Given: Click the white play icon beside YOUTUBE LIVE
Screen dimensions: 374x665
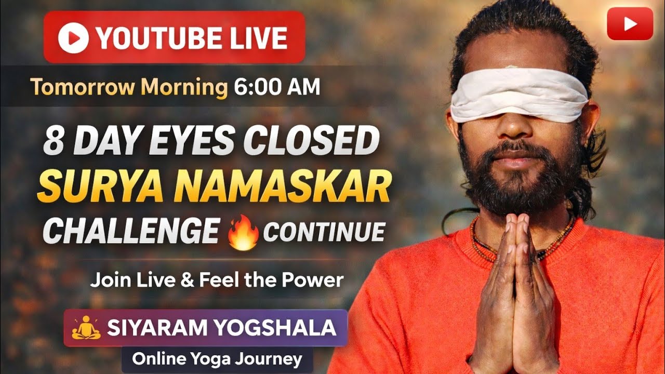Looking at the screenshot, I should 73,38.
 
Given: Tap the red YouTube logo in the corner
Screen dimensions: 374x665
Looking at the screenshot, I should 630,24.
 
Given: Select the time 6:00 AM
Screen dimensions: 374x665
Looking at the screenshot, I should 276,87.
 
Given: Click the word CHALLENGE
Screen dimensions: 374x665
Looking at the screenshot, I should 131,232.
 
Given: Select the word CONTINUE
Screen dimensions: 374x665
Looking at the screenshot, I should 324,232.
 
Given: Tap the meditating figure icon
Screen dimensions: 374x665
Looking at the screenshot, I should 86,328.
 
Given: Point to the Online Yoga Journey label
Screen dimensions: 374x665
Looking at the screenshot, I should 217,359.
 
